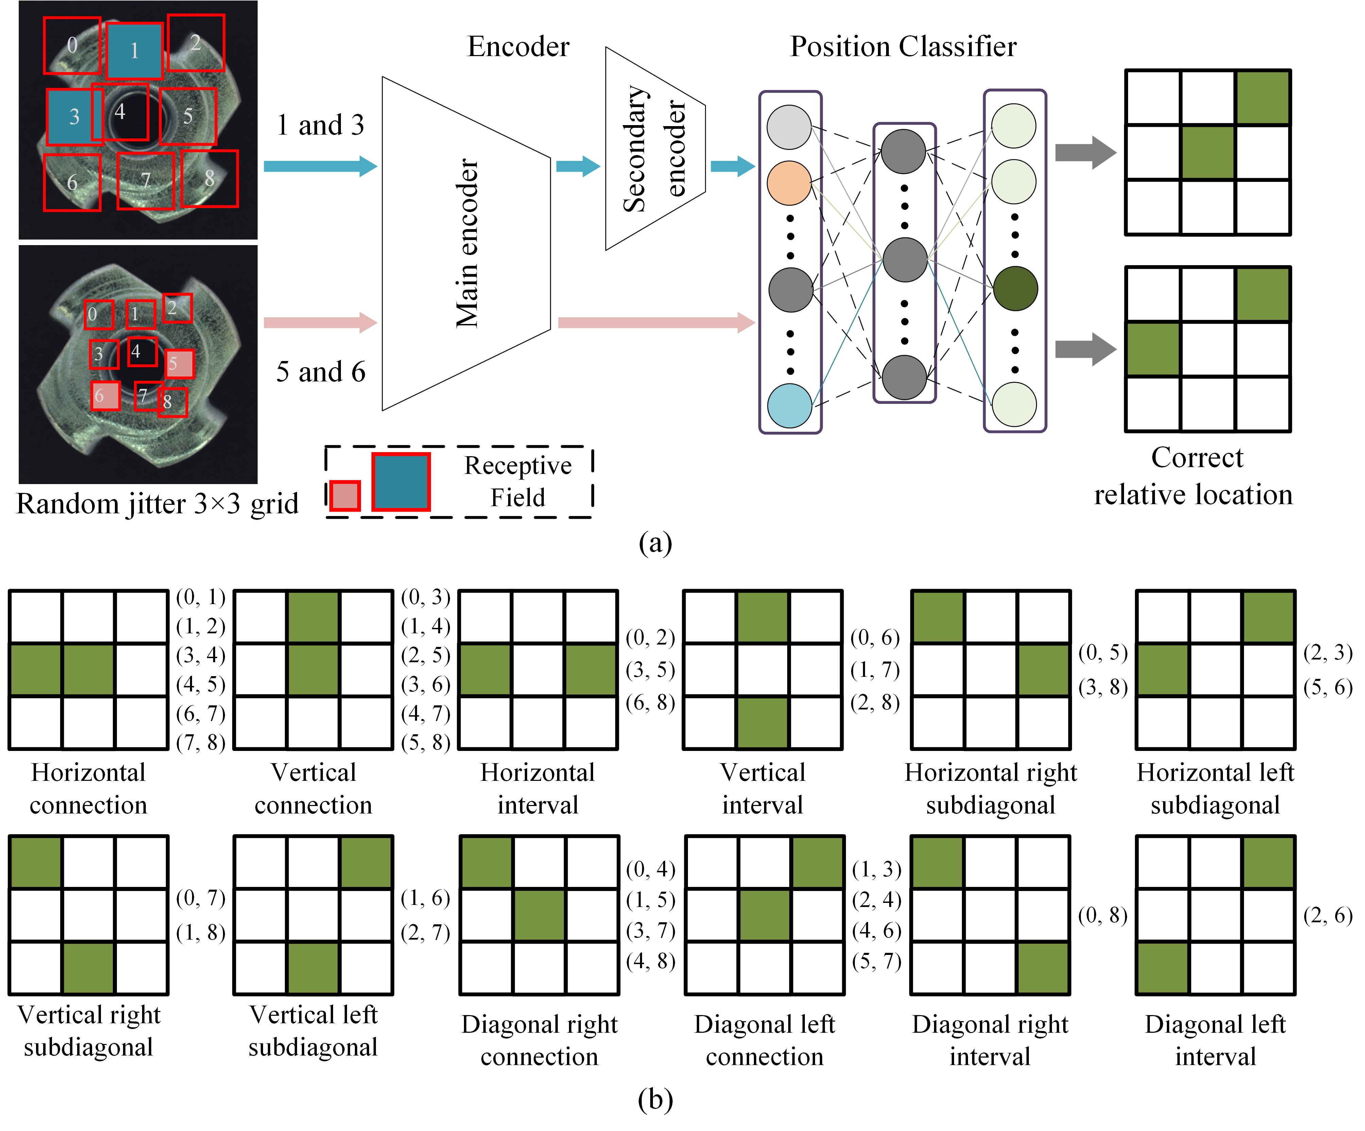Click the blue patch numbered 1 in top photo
(134, 51)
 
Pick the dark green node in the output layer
(1015, 289)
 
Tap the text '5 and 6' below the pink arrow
(321, 372)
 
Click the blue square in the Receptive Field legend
(400, 482)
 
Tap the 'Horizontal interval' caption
(538, 788)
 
